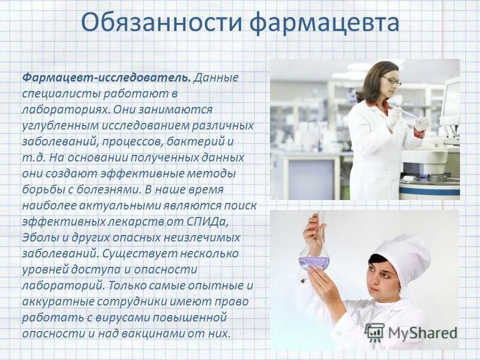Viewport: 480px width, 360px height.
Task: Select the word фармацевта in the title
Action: coord(324,23)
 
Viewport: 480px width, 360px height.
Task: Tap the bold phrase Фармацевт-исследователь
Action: coord(107,79)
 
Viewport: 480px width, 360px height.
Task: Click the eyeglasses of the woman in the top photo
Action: coord(391,80)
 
